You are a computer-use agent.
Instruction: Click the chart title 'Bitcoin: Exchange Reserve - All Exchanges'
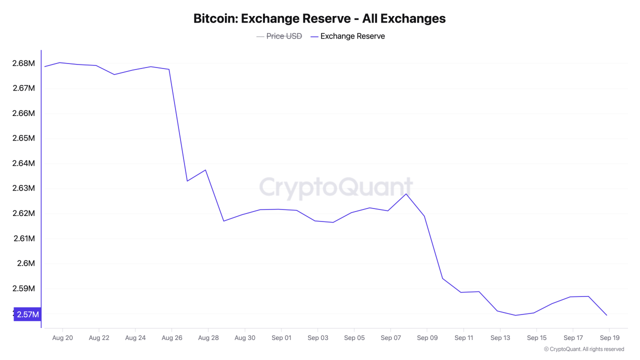click(x=319, y=19)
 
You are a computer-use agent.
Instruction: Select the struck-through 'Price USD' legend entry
click(x=283, y=36)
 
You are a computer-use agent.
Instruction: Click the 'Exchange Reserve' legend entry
click(x=352, y=36)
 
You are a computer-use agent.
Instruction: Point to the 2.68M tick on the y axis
click(x=23, y=63)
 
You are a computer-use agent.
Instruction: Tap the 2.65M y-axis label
click(x=23, y=138)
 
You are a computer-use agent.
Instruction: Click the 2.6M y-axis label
click(x=26, y=263)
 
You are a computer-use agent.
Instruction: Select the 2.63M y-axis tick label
click(x=23, y=188)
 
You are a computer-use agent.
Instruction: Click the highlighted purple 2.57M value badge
click(x=27, y=314)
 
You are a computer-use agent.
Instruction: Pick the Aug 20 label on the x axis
click(x=62, y=338)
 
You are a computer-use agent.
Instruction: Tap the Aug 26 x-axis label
click(x=171, y=338)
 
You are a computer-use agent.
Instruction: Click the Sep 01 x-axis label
click(x=281, y=338)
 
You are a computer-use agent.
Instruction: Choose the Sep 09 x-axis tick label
click(x=426, y=338)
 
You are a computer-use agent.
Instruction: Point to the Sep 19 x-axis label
click(x=609, y=338)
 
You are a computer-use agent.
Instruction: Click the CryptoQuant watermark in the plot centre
click(x=335, y=188)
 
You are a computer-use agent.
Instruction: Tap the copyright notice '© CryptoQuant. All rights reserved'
click(x=584, y=349)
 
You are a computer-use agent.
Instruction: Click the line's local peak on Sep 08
click(x=406, y=194)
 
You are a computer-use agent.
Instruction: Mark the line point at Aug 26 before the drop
click(x=169, y=69)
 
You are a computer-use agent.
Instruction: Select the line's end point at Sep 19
click(x=606, y=315)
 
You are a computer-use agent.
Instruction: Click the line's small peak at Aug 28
click(x=205, y=170)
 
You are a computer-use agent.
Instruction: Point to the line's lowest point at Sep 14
click(x=515, y=315)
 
